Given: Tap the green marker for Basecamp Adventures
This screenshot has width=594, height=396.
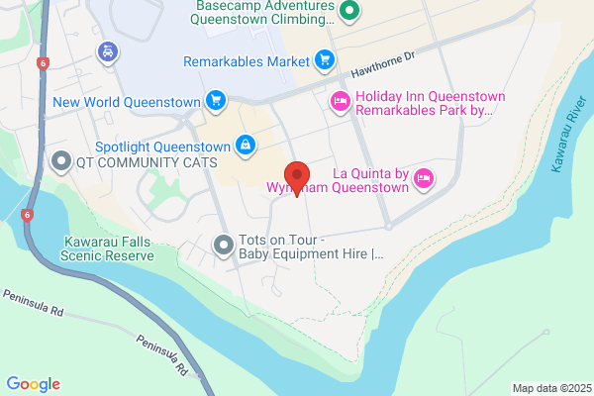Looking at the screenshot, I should click(x=348, y=12).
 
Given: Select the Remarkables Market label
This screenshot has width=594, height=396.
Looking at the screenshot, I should click(x=247, y=61).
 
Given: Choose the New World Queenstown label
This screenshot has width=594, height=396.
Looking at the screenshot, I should click(x=127, y=101).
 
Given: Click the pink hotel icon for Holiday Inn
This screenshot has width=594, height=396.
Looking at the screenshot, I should click(x=340, y=100).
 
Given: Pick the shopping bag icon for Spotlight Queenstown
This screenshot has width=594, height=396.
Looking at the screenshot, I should click(x=245, y=145).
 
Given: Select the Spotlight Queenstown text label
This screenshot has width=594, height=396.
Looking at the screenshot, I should click(x=164, y=145).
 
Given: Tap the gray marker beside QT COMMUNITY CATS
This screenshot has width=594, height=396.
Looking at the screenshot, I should click(x=61, y=160).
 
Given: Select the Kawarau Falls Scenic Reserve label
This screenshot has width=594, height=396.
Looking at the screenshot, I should click(x=108, y=247).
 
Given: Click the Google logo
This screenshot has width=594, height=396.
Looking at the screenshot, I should click(x=33, y=384).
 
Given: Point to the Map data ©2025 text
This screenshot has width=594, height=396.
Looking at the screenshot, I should click(x=549, y=387).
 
